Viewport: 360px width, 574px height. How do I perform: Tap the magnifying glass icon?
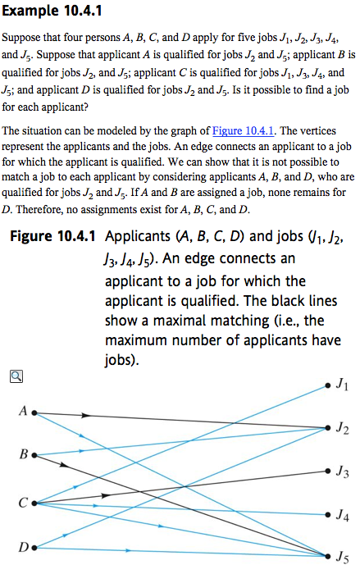coord(16,376)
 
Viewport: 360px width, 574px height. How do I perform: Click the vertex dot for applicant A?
coord(34,412)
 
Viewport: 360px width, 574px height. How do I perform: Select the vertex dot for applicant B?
coord(34,453)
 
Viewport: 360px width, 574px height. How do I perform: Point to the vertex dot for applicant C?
coord(34,503)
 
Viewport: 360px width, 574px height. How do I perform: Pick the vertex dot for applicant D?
coord(34,546)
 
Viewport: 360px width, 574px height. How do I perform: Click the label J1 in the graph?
coord(342,385)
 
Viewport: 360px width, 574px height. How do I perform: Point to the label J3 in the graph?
coord(342,472)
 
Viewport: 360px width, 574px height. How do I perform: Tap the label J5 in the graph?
coord(342,558)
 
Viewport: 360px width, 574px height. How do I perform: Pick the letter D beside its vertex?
coord(21,547)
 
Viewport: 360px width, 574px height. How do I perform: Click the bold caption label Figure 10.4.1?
coord(52,239)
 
